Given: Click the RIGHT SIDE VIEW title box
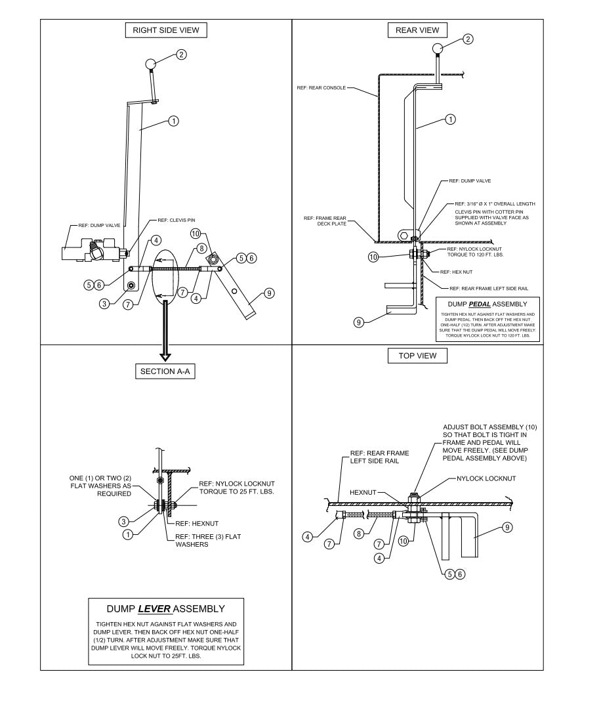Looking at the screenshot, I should tap(166, 30).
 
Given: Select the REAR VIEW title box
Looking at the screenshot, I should tap(417, 30).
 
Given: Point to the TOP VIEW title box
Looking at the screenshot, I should tap(417, 356).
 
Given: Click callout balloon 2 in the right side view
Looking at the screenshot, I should tap(182, 54).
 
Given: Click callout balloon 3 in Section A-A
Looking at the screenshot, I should tap(123, 522).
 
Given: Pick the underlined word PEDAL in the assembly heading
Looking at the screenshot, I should tap(489, 304).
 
